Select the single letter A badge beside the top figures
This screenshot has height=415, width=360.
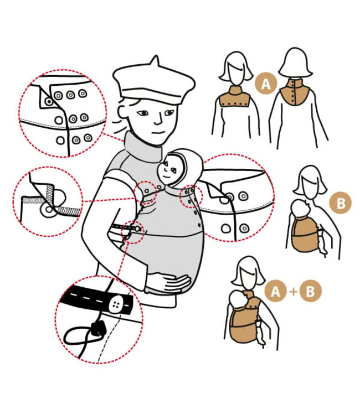coord(266,84)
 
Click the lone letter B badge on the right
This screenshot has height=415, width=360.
coord(341,203)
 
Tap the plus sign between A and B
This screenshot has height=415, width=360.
coord(294,292)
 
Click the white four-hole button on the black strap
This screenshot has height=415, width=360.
coord(116,304)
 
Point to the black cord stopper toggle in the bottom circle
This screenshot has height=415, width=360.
coord(98,329)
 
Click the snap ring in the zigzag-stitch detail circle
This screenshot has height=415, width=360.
coord(49,210)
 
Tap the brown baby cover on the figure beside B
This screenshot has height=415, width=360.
coord(305,234)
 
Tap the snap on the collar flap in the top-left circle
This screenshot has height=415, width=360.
coord(49,101)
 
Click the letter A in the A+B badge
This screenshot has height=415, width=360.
coord(275,292)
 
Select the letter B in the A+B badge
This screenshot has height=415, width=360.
coord(310,292)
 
